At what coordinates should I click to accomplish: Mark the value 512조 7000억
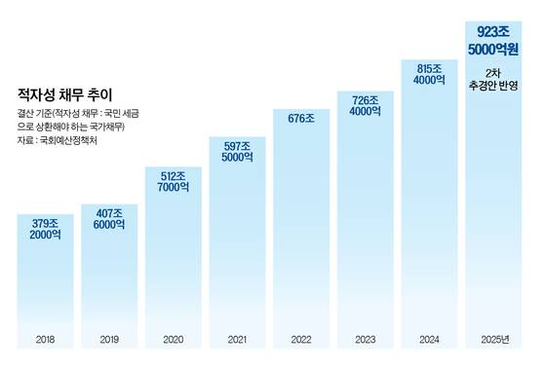coord(173,184)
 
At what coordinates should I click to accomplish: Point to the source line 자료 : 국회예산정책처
coord(59,140)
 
